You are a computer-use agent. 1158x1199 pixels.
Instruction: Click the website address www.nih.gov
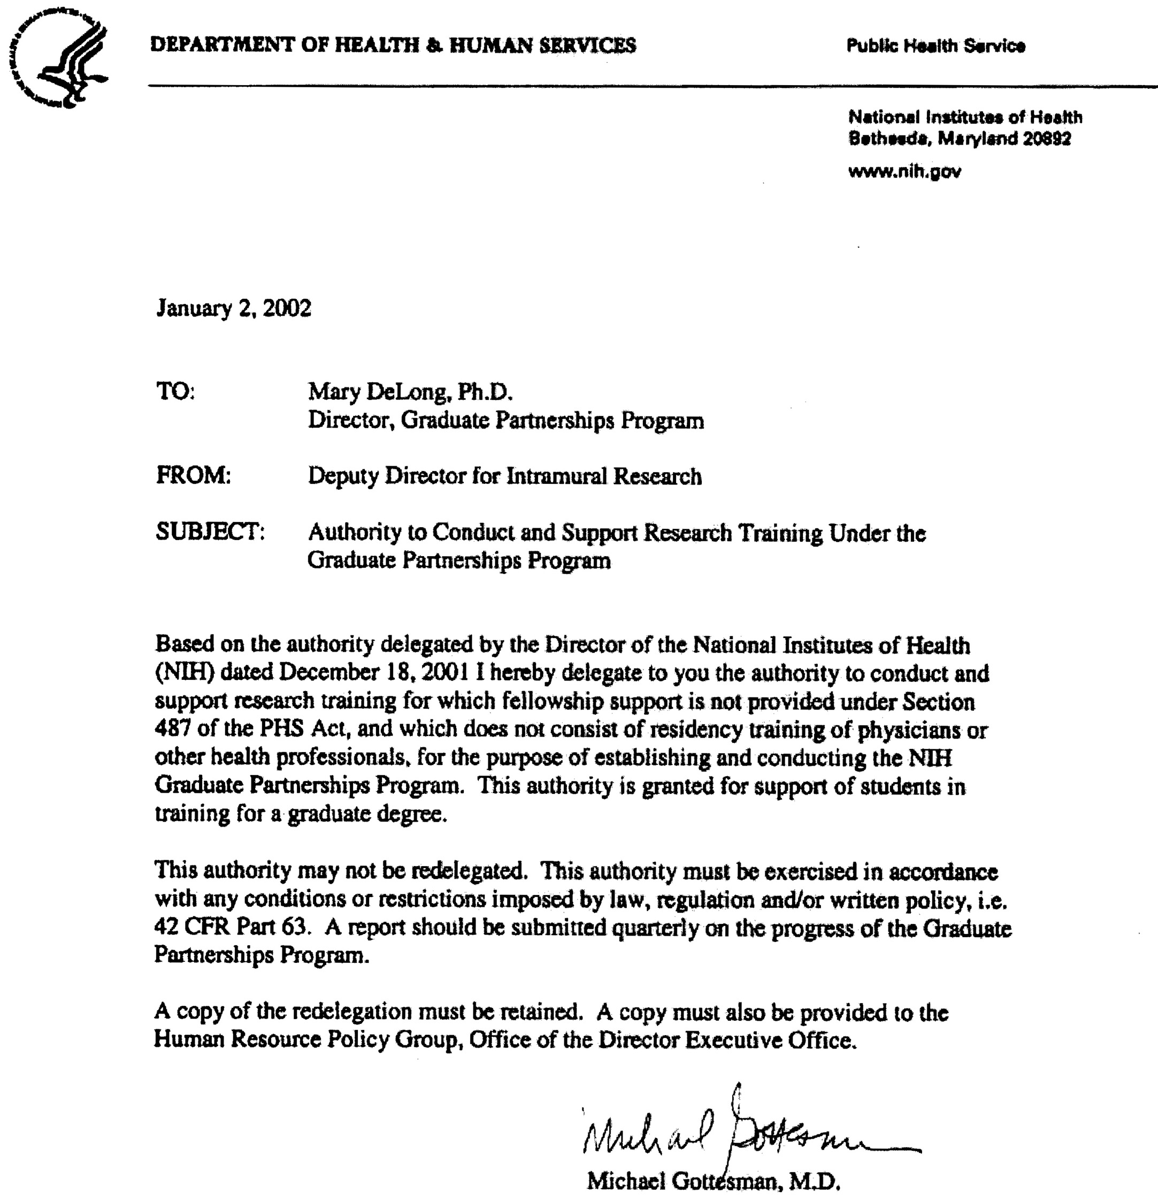(904, 171)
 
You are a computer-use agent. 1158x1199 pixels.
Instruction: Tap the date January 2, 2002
(234, 307)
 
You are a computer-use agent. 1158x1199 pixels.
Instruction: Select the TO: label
(175, 391)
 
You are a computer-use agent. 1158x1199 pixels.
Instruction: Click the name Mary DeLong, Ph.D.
(410, 391)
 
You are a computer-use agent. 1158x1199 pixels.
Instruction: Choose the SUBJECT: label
(210, 532)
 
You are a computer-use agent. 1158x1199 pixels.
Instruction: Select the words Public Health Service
(935, 46)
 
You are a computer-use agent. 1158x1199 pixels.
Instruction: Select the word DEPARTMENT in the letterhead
(221, 45)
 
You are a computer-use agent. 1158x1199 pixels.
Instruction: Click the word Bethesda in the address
(888, 139)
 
